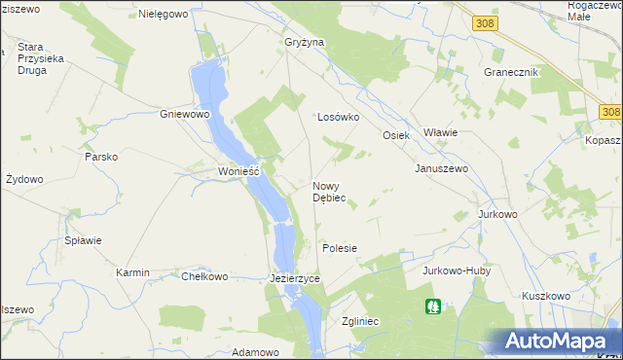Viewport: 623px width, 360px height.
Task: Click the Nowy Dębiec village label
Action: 329,191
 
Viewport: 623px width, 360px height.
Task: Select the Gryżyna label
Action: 304,43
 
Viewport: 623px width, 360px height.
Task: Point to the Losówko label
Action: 339,117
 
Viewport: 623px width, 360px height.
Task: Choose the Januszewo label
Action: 442,168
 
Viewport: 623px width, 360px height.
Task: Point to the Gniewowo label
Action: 185,114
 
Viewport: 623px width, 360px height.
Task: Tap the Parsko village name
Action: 101,157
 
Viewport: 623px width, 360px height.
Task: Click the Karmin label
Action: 132,273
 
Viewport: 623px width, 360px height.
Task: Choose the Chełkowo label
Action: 204,276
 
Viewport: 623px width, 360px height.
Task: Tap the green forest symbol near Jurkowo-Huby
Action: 433,306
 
